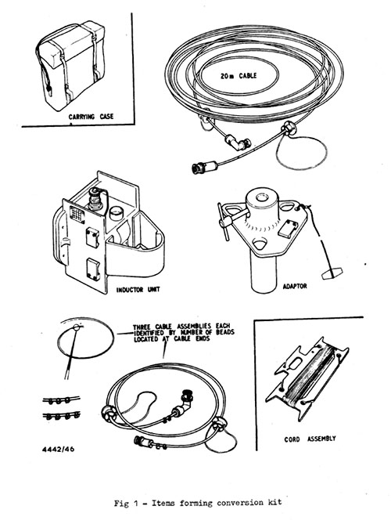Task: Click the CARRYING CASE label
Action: pyautogui.click(x=91, y=117)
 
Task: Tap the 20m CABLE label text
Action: pyautogui.click(x=239, y=76)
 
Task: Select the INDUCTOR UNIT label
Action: pyautogui.click(x=138, y=289)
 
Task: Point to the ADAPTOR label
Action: pyautogui.click(x=295, y=287)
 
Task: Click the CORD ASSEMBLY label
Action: pyautogui.click(x=310, y=439)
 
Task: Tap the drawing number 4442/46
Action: pyautogui.click(x=59, y=449)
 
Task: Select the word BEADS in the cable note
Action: pyautogui.click(x=225, y=332)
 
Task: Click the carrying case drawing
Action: pyautogui.click(x=70, y=66)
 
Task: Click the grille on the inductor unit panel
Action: pyautogui.click(x=77, y=214)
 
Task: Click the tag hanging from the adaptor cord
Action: pyautogui.click(x=332, y=273)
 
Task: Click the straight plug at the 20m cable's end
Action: pyautogui.click(x=204, y=166)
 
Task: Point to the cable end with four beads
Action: pyautogui.click(x=62, y=416)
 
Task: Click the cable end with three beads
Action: pyautogui.click(x=61, y=399)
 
